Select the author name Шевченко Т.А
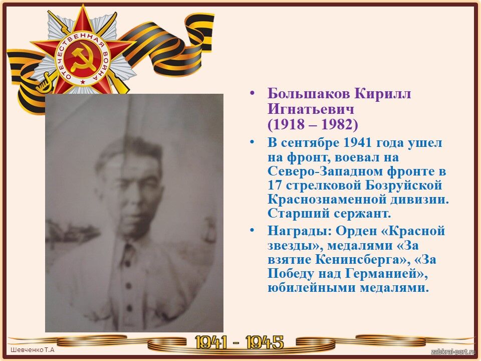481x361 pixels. [x=33, y=349]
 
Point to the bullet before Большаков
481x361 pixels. [x=252, y=93]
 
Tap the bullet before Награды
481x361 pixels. [x=252, y=230]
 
